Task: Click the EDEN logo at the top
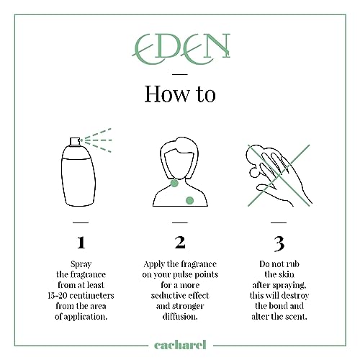(181, 49)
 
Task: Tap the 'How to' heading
(180, 94)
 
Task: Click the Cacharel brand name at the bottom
(180, 345)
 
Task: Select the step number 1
(81, 243)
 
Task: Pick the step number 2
(180, 242)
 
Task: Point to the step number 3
(279, 243)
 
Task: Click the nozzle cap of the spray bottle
(75, 142)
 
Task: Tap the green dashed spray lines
(98, 140)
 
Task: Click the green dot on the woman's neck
(174, 184)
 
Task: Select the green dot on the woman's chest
(189, 200)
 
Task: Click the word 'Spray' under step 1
(81, 264)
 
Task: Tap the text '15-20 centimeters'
(81, 295)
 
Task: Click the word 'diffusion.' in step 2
(180, 316)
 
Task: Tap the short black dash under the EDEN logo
(180, 74)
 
